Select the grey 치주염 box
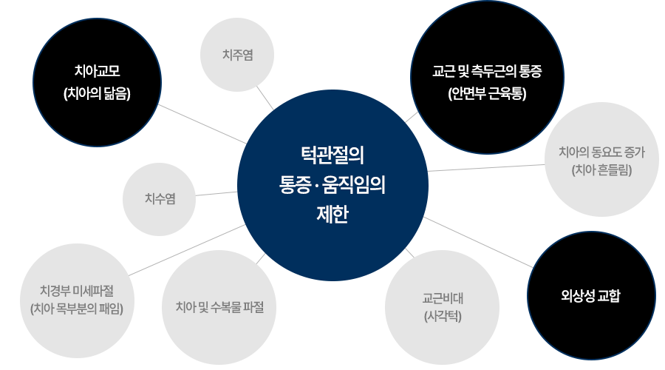237,55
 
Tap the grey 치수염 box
160,198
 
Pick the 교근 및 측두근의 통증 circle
486,81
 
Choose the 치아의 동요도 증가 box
602,159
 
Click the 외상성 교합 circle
590,296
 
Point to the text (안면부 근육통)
486,94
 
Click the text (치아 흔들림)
602,170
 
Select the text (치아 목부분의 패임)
77,308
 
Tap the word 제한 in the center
332,215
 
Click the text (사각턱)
443,316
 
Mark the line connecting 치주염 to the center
265,98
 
